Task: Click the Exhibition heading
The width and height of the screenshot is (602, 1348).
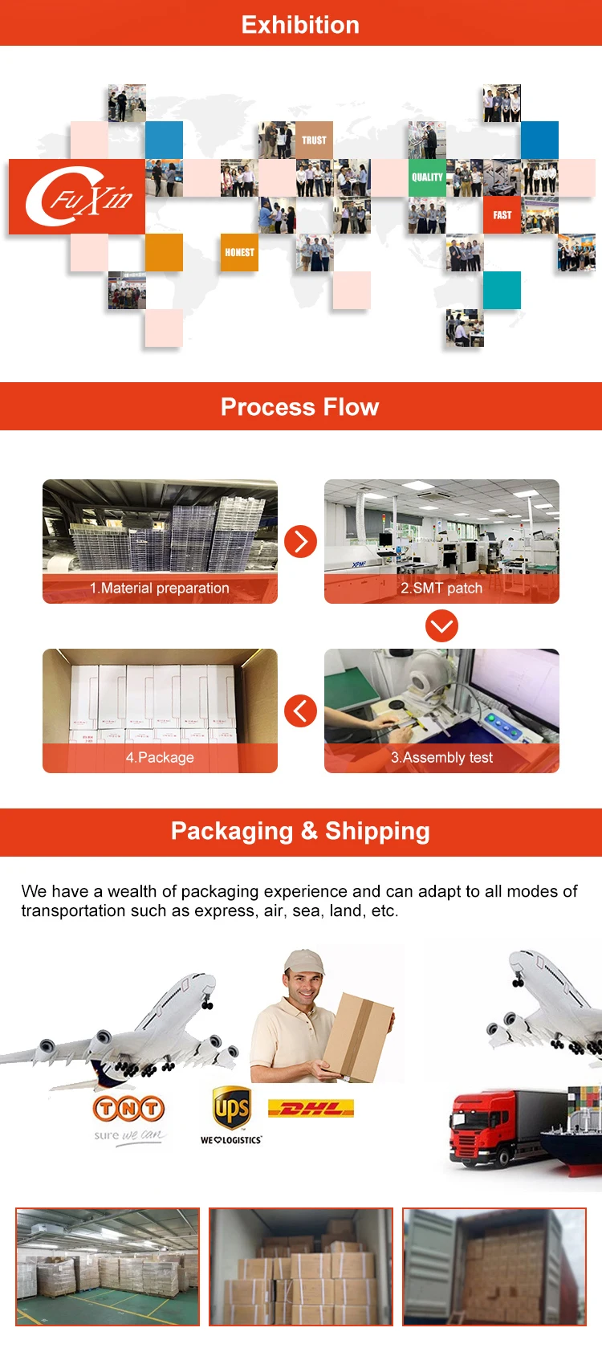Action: pyautogui.click(x=300, y=25)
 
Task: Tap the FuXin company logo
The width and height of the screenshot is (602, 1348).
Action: pyautogui.click(x=78, y=197)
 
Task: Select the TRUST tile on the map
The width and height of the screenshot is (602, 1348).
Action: pyautogui.click(x=314, y=140)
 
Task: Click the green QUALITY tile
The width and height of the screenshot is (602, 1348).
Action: pyautogui.click(x=427, y=177)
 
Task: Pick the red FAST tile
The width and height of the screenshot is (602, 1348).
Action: pyautogui.click(x=502, y=215)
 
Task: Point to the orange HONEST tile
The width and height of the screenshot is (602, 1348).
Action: pyautogui.click(x=239, y=252)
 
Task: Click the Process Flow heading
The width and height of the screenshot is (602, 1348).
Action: pyautogui.click(x=299, y=407)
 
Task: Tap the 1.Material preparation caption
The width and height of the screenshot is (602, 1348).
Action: pyautogui.click(x=160, y=588)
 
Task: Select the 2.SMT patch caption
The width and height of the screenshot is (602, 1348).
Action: pyautogui.click(x=441, y=588)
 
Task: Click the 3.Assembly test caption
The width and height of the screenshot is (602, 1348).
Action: pyautogui.click(x=441, y=758)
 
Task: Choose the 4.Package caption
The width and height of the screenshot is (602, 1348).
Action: pyautogui.click(x=160, y=758)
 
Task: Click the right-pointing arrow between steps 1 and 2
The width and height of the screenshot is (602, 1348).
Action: pyautogui.click(x=301, y=541)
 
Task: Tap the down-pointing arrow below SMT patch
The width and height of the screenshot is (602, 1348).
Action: pyautogui.click(x=441, y=625)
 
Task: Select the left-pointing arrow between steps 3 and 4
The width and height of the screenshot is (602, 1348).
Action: pyautogui.click(x=300, y=711)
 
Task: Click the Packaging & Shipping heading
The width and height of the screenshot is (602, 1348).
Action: pyautogui.click(x=300, y=831)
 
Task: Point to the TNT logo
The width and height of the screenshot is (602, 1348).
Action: pyautogui.click(x=129, y=1109)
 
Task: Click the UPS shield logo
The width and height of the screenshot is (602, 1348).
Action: pyautogui.click(x=231, y=1109)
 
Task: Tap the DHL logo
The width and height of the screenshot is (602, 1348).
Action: pyautogui.click(x=311, y=1109)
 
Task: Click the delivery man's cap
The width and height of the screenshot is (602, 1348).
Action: pyautogui.click(x=304, y=961)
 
